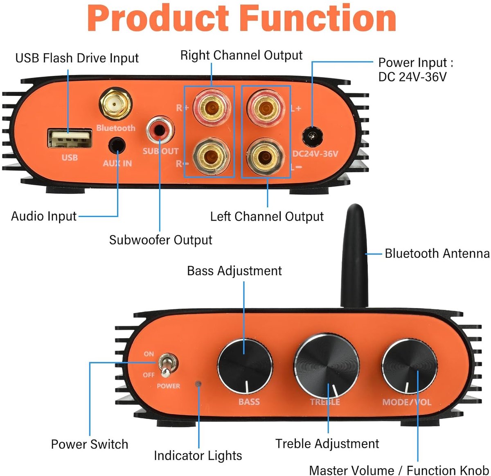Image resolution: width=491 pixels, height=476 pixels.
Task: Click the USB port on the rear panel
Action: (x=70, y=138)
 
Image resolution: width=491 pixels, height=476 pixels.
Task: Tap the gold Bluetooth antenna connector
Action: (x=115, y=104)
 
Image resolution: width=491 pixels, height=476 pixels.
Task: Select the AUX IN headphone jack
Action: (x=117, y=145)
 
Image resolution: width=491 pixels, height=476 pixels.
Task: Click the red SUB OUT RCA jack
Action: (x=160, y=130)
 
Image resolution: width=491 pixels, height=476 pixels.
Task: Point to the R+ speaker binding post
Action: (x=212, y=108)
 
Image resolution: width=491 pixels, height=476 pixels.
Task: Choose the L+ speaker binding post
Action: (x=266, y=108)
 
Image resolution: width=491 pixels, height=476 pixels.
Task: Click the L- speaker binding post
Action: (x=266, y=157)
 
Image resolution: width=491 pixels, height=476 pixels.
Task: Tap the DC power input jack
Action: (x=313, y=137)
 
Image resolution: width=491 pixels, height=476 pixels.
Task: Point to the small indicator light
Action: (x=198, y=384)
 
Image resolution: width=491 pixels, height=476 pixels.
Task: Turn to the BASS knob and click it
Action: (x=245, y=366)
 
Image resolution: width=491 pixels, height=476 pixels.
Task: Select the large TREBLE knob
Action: (x=327, y=366)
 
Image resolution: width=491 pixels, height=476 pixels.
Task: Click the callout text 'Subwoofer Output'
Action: (x=160, y=240)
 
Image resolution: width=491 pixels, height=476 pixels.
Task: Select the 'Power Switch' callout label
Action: (x=90, y=444)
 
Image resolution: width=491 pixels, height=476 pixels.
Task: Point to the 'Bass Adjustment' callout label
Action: (x=234, y=271)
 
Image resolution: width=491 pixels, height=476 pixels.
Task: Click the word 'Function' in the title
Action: (x=318, y=18)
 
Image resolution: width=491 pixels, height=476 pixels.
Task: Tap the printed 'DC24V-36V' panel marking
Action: (x=315, y=154)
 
